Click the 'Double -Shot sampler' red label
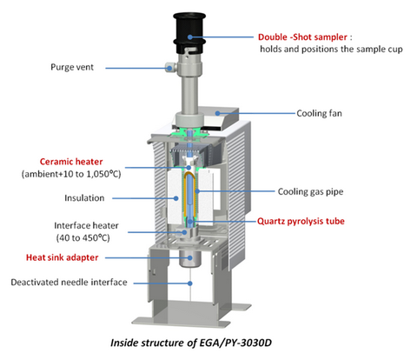302,37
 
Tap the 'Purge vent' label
72,67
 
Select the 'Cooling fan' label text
319,113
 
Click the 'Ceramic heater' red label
71,162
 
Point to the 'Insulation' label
84,198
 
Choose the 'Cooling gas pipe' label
310,191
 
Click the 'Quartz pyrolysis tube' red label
301,221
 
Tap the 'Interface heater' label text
86,225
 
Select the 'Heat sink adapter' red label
63,257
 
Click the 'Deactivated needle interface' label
69,282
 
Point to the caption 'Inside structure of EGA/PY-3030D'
191,343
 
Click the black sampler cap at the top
189,32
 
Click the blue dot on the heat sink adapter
190,257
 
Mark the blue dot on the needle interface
190,283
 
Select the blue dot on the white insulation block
176,198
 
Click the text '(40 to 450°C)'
83,238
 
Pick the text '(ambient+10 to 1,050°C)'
71,174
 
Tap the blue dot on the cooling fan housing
217,113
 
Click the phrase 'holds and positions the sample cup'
331,49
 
